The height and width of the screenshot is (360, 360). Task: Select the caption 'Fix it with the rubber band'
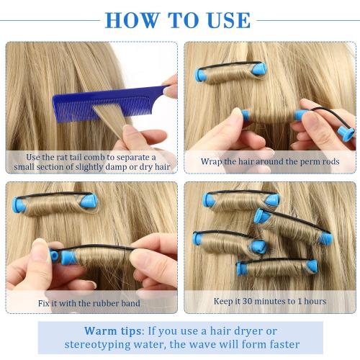(91, 302)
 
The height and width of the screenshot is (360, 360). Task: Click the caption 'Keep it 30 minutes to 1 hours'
(269, 301)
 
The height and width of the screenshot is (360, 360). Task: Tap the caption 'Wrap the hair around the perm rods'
(269, 161)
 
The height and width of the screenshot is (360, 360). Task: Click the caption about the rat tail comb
(91, 161)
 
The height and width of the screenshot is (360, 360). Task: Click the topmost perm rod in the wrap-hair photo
(230, 72)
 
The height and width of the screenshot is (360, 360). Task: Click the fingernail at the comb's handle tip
(169, 91)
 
